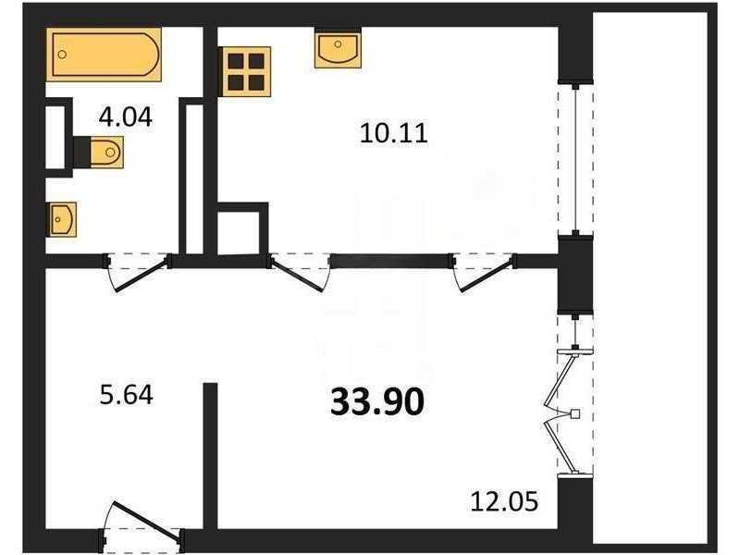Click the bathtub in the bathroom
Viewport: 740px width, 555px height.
tap(104, 55)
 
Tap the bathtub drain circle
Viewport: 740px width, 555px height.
tap(62, 55)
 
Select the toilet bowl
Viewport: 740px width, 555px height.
tap(106, 152)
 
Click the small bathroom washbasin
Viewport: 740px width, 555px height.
tap(61, 219)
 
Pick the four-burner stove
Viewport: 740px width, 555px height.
tap(245, 72)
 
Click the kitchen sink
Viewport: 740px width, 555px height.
tap(338, 48)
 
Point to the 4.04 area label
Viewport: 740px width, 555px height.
tap(126, 117)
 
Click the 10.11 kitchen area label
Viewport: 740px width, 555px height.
tap(394, 132)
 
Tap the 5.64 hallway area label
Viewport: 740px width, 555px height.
tap(127, 395)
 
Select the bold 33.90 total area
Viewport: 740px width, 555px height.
tap(377, 401)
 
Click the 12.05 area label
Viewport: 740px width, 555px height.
tap(504, 501)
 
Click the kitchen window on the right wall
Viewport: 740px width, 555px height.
tap(575, 159)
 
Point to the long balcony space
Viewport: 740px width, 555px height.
tap(650, 277)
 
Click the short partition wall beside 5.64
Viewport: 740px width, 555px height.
tap(211, 455)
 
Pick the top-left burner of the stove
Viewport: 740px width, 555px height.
tap(236, 61)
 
